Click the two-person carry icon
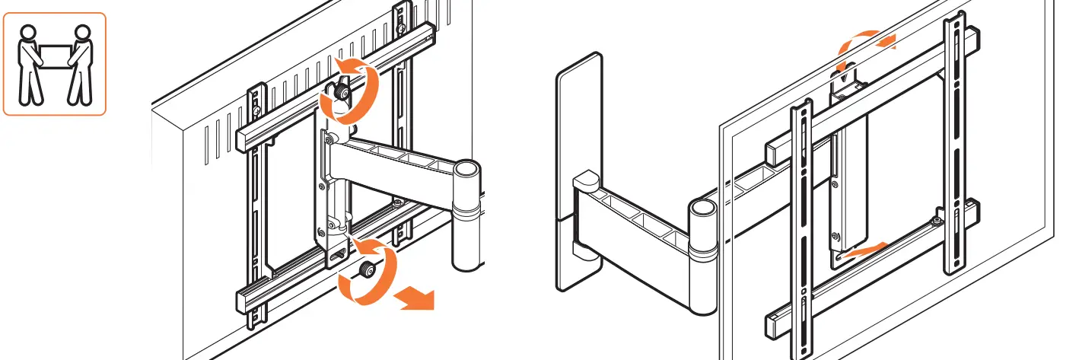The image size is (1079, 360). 54,64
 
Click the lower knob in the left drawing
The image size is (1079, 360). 368,269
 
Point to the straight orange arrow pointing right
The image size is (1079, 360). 417,299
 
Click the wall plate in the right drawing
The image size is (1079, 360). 579,171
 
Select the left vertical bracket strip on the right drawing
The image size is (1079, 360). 800,228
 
